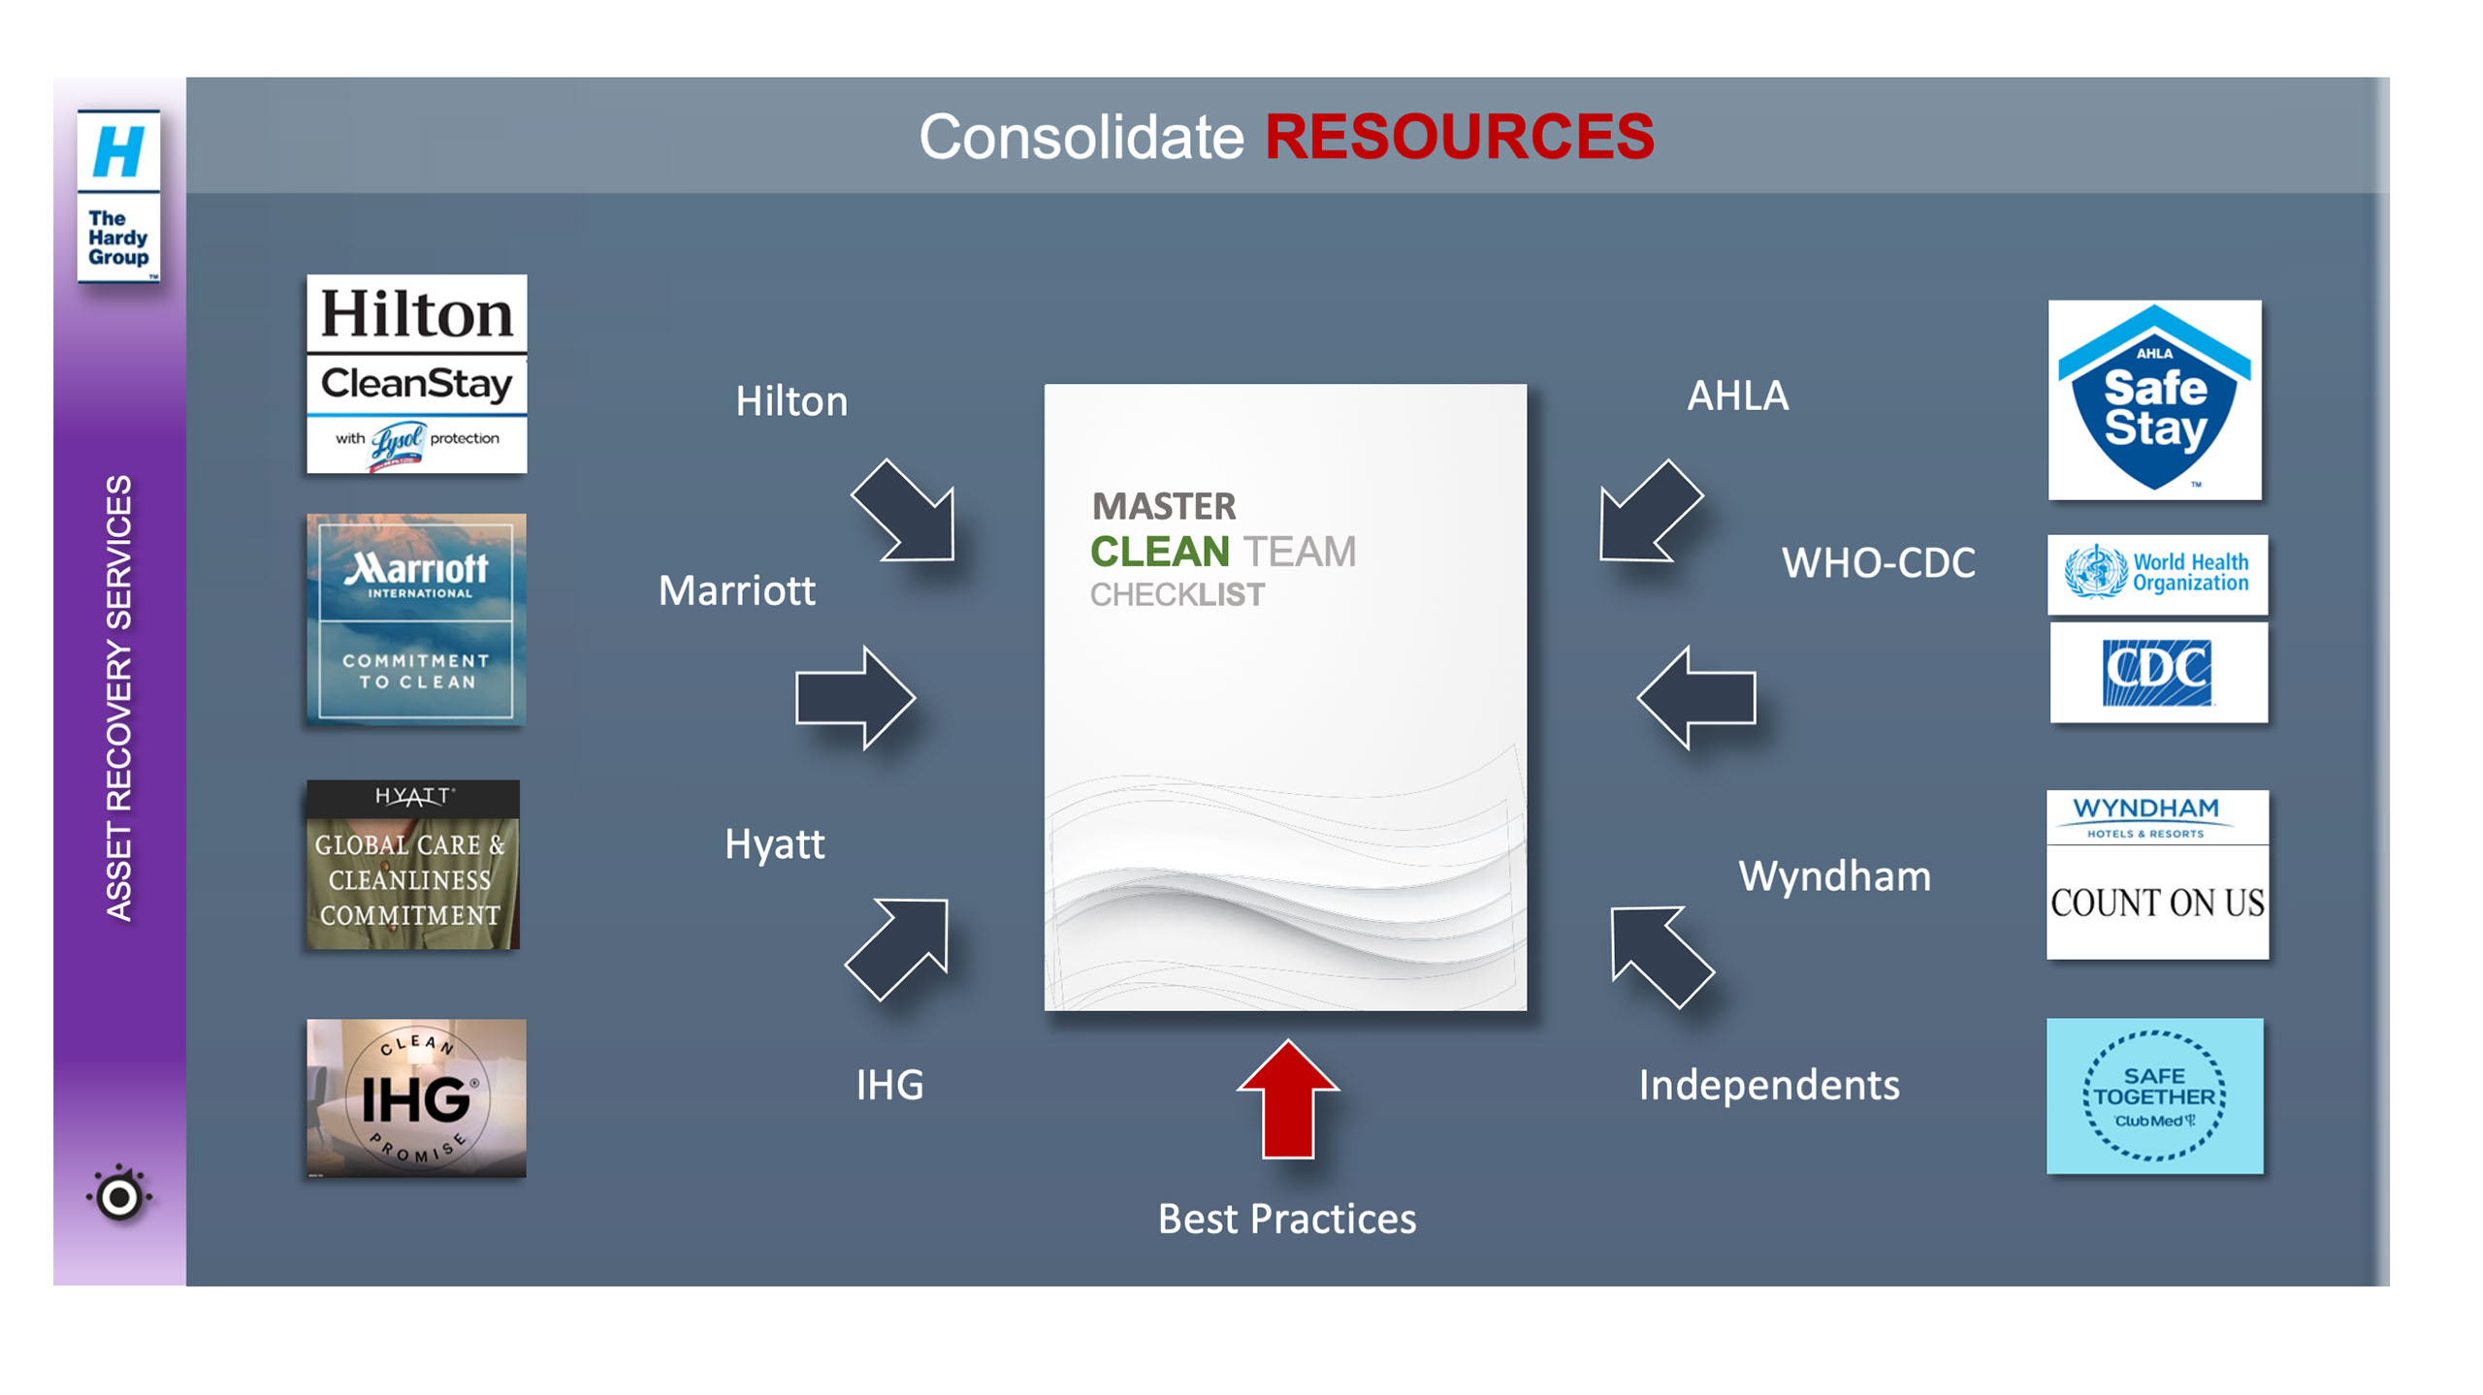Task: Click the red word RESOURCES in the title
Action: pyautogui.click(x=1459, y=137)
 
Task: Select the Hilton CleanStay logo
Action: pyautogui.click(x=416, y=374)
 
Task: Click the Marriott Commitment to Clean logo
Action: pyautogui.click(x=416, y=619)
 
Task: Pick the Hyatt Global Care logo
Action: pyautogui.click(x=413, y=865)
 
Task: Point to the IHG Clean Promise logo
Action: pyautogui.click(x=416, y=1097)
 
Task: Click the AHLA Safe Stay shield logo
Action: pyautogui.click(x=2154, y=400)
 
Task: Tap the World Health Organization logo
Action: pyautogui.click(x=2157, y=574)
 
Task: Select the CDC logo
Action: pyautogui.click(x=2158, y=672)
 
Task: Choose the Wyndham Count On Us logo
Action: pyautogui.click(x=2157, y=874)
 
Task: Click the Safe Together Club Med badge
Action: pyautogui.click(x=2154, y=1095)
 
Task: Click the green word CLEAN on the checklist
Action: pyautogui.click(x=1159, y=553)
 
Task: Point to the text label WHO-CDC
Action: pyautogui.click(x=1878, y=563)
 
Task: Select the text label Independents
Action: pyautogui.click(x=1768, y=1085)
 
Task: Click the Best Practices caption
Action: pyautogui.click(x=1286, y=1219)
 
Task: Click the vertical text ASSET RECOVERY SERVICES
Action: pyautogui.click(x=118, y=698)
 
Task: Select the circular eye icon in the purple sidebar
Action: pyautogui.click(x=119, y=1196)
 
